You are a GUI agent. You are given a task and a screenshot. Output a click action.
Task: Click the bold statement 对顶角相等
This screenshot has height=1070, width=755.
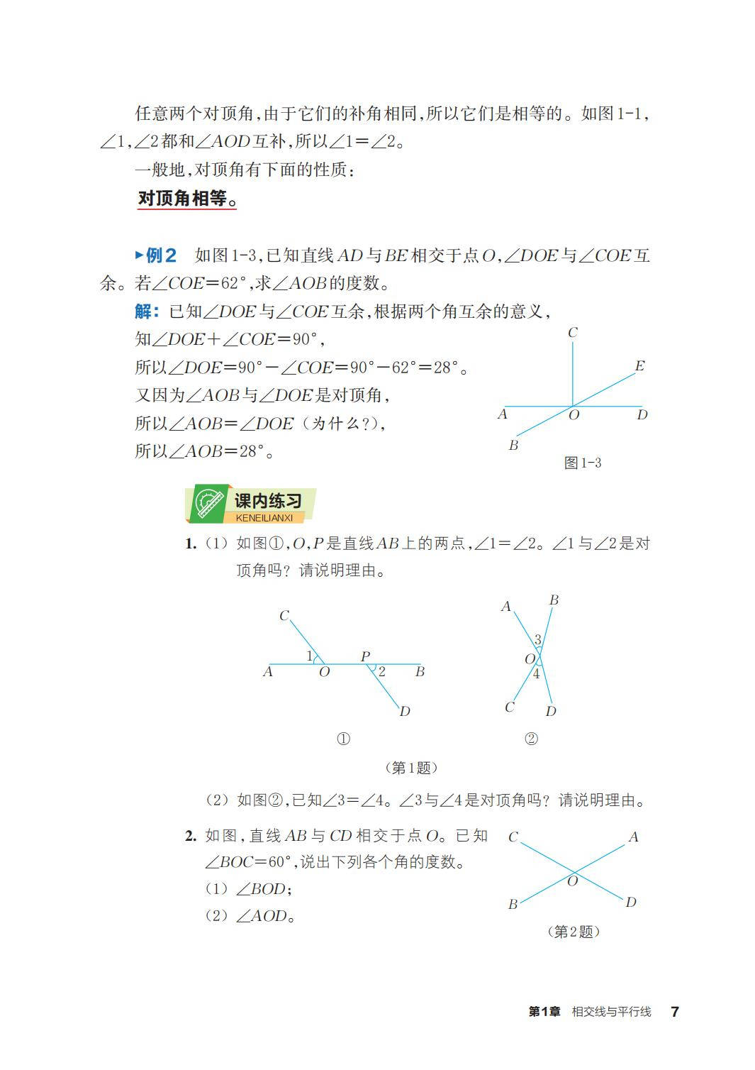(x=186, y=199)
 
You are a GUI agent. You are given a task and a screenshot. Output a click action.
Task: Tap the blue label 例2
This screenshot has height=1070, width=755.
(x=160, y=255)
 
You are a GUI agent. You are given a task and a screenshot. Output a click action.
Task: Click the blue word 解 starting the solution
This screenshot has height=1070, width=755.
(x=145, y=311)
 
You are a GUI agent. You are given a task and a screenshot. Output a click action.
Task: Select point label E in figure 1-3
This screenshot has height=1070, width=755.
(x=639, y=366)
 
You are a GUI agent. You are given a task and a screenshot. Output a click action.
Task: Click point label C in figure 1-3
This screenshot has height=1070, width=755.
(x=573, y=332)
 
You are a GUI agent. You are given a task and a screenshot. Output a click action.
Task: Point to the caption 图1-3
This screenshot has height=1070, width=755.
(x=583, y=463)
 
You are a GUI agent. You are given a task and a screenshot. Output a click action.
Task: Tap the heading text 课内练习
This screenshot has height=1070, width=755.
(x=268, y=501)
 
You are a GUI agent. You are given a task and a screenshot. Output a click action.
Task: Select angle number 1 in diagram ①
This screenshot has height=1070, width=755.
(x=309, y=656)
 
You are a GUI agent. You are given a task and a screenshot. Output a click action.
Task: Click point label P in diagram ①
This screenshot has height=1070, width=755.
(x=365, y=656)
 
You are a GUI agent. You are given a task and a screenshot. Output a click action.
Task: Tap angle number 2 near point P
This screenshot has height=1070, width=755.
(x=381, y=671)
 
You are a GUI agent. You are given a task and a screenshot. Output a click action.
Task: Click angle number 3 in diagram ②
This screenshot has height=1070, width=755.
(x=537, y=640)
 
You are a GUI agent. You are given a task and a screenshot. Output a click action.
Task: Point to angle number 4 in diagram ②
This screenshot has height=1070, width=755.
(x=536, y=674)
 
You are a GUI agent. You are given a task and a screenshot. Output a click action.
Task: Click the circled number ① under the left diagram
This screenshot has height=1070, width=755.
(x=343, y=739)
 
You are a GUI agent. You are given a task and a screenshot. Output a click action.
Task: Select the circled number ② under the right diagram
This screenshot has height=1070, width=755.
(x=531, y=739)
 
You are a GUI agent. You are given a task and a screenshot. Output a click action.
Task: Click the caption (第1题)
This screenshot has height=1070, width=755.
(x=411, y=768)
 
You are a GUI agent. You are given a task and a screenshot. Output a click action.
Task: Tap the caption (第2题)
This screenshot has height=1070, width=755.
(x=574, y=932)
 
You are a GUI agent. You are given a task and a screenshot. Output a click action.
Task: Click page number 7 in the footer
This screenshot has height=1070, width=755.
(x=675, y=1012)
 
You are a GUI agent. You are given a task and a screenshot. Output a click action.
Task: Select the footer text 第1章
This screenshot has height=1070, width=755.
(x=544, y=1012)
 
